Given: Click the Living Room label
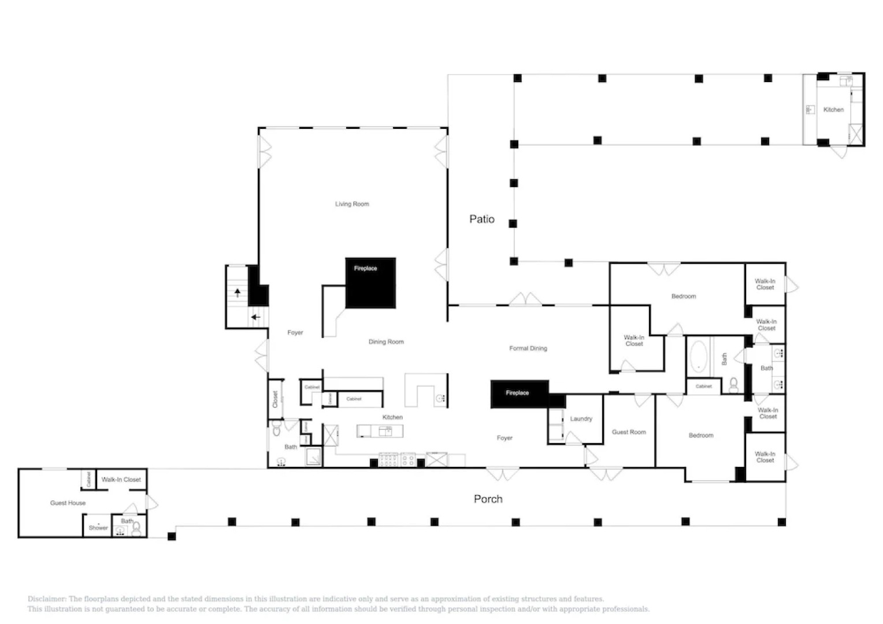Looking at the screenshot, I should [352, 204].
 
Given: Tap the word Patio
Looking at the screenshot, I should [481, 219].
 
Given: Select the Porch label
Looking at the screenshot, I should [488, 499].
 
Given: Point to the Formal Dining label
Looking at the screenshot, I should [528, 348].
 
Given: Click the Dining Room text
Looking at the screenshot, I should [386, 342].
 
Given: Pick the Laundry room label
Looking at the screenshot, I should [581, 419].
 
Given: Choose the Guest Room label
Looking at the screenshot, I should [629, 432].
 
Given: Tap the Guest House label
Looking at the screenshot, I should [68, 503].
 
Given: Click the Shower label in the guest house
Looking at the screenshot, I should [98, 528].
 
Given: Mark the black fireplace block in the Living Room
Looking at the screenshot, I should [370, 283].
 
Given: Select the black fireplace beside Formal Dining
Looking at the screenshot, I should [519, 393].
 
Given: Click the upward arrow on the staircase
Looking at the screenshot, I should [237, 292].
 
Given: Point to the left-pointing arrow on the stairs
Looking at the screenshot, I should [255, 317].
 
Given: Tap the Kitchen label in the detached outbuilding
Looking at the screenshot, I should [833, 110].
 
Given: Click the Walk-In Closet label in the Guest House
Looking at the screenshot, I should [121, 480].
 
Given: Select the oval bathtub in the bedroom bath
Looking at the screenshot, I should [698, 356].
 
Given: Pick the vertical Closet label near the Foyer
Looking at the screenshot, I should [276, 399].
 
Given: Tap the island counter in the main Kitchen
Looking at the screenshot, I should [380, 431].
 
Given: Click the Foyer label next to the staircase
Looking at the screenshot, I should [295, 333].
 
